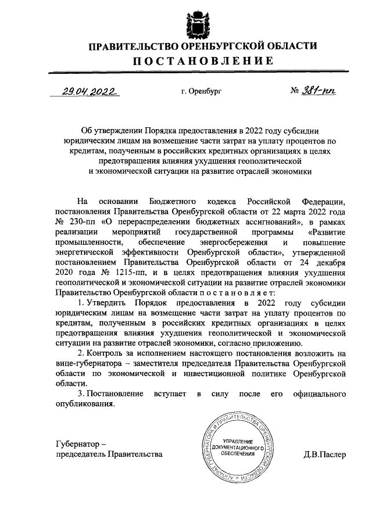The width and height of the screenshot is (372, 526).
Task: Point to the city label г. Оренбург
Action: (x=202, y=92)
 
